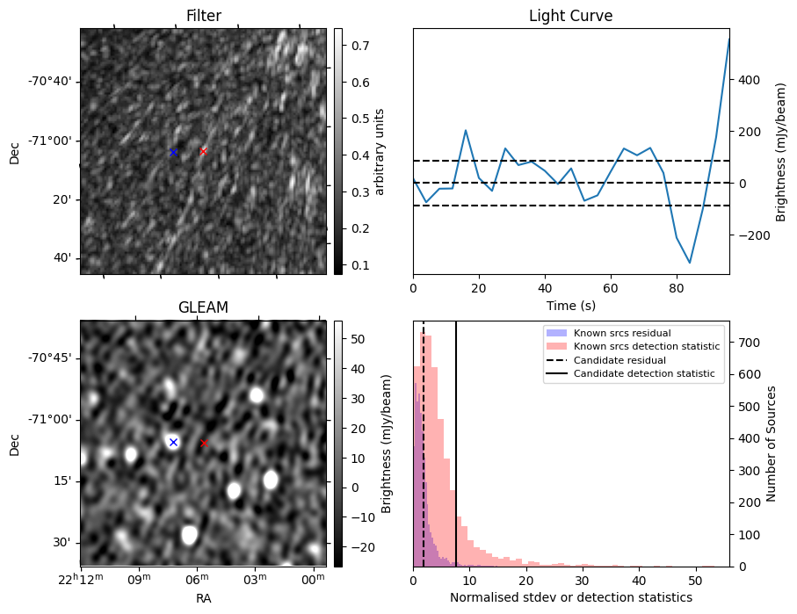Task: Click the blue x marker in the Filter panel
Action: tap(173, 153)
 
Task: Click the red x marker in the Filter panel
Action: tap(203, 151)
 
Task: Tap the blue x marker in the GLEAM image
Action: tap(173, 442)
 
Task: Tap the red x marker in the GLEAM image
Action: tap(204, 444)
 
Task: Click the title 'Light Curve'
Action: tap(570, 16)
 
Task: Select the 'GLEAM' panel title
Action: tap(203, 307)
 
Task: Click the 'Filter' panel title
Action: tap(203, 16)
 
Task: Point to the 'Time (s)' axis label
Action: tap(570, 305)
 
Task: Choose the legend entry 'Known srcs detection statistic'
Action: tap(646, 347)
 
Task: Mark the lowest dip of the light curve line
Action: tap(690, 263)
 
